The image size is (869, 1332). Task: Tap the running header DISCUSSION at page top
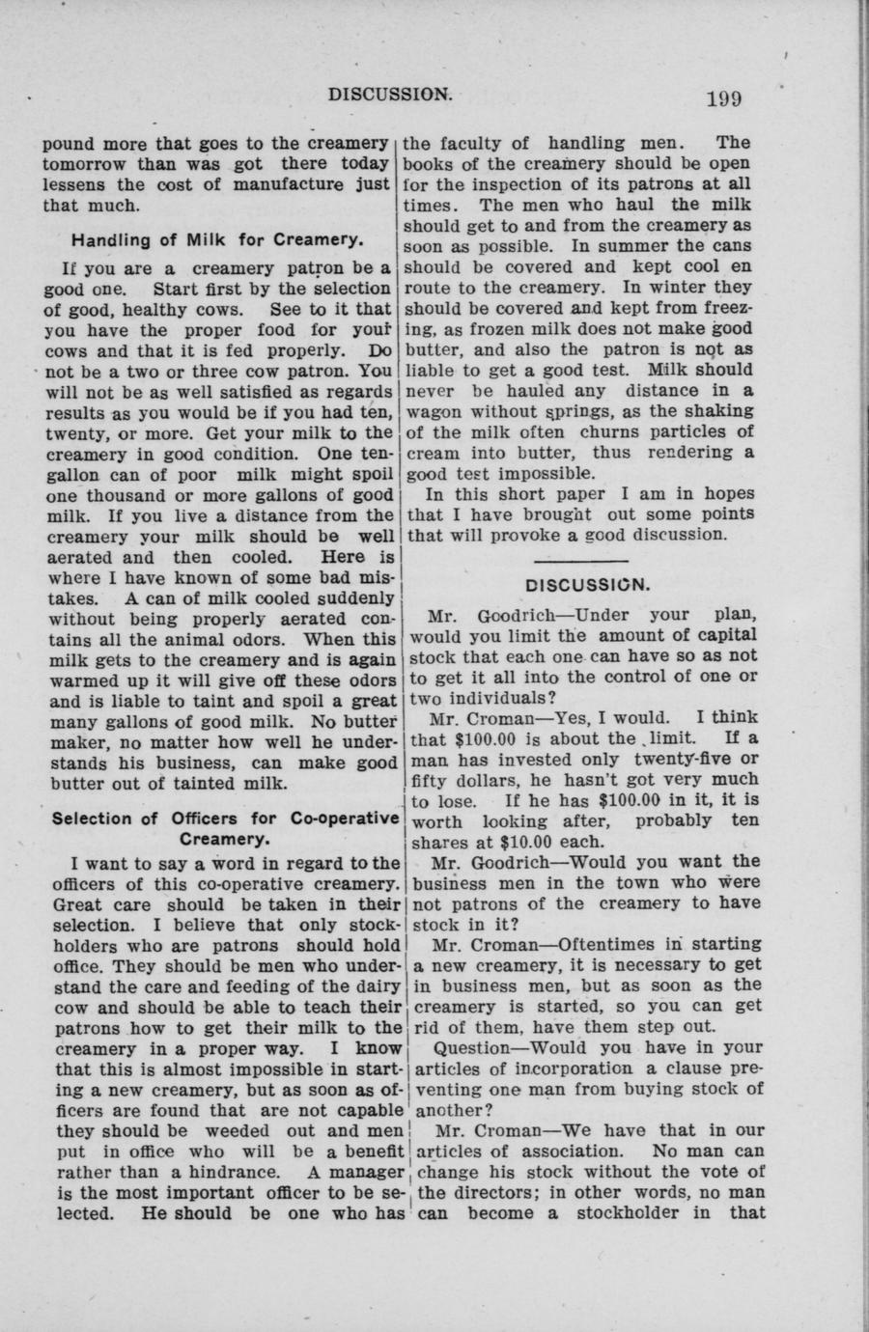390,95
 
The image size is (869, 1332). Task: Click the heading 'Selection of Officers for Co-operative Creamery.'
226,828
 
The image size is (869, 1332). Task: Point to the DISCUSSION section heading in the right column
587,586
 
